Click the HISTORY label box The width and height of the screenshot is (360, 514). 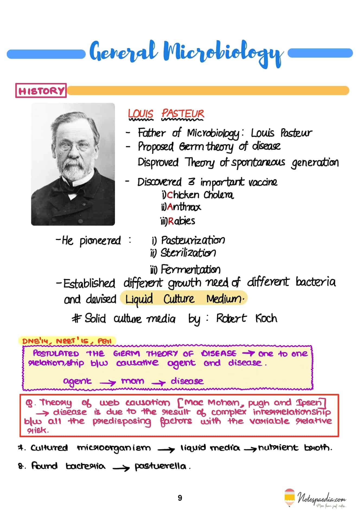coord(41,91)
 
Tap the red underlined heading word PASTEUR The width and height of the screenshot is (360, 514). coord(183,114)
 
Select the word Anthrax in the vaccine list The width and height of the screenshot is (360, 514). coord(184,207)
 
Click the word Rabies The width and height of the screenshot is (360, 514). coord(181,221)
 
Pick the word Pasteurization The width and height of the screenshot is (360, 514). coord(193,240)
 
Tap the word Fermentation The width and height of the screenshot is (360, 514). coord(190,270)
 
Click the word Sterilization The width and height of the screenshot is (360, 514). coord(188,253)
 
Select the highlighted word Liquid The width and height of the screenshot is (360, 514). coord(139,299)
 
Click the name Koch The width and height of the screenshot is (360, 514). coord(266,318)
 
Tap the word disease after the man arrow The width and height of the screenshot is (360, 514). coord(187,381)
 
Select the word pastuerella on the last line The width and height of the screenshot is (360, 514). coord(160,466)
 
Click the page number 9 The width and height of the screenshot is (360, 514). coord(180,498)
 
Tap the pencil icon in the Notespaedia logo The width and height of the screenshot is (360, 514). coord(289,497)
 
